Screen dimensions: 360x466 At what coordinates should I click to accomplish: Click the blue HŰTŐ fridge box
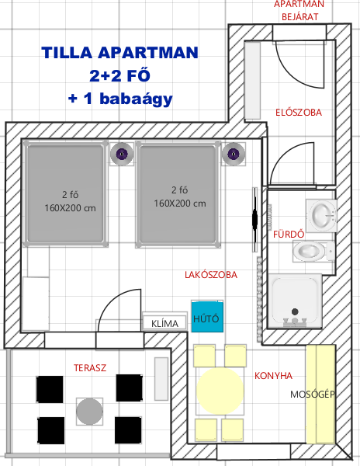tap(207, 317)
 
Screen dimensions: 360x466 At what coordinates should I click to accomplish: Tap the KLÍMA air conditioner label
tap(164, 323)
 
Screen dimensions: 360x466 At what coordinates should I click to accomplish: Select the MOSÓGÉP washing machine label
tap(313, 395)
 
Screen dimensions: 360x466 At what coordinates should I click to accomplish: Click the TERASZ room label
tap(90, 368)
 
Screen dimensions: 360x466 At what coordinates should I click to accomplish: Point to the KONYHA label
tap(273, 376)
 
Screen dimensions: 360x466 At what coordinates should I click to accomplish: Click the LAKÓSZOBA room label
tap(211, 275)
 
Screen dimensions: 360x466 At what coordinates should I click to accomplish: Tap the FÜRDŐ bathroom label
tap(289, 234)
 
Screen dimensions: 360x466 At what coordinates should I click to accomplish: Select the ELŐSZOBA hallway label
tap(299, 112)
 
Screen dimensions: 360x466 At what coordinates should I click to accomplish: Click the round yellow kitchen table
tap(220, 390)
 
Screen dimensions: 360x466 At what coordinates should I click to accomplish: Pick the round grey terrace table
tap(90, 412)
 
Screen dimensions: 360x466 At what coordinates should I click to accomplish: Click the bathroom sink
tap(322, 215)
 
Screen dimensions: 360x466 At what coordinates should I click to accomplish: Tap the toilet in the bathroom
tap(314, 252)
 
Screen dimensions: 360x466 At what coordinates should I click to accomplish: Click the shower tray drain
tap(295, 311)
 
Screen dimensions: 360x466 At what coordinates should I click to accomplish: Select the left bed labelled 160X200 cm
tap(66, 193)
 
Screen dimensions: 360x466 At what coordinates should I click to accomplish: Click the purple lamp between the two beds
tap(122, 154)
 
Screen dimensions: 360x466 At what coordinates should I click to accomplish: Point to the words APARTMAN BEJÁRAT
tap(299, 10)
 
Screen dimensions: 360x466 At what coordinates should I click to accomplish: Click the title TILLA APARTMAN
tap(120, 53)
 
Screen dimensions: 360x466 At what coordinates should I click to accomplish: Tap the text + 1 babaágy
tap(120, 99)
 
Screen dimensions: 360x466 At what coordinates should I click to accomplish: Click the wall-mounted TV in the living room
tap(254, 220)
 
